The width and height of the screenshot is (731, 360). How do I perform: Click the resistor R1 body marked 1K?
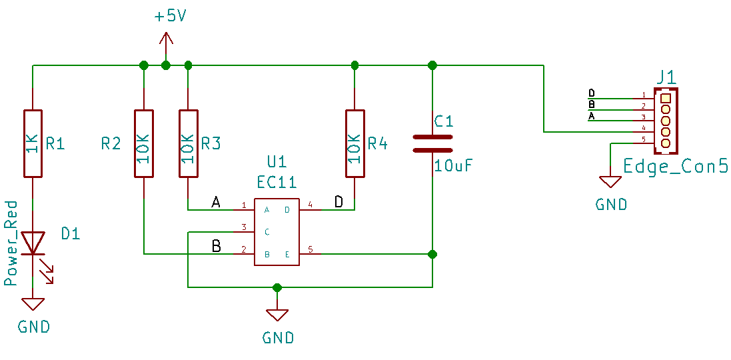pos(33,143)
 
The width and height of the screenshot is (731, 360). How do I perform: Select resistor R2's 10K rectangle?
pos(143,143)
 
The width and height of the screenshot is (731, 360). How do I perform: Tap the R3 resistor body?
pos(189,143)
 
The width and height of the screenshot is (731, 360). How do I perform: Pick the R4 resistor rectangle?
pos(355,143)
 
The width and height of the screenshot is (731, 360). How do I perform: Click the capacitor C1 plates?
pos(432,143)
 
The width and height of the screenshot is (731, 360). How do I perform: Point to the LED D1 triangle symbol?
pos(33,243)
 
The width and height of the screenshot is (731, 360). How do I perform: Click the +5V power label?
pos(171,17)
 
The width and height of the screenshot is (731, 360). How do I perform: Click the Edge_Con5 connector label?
pos(676,167)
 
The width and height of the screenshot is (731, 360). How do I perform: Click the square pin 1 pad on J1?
pos(666,98)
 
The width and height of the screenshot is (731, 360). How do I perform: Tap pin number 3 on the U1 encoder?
pos(243,227)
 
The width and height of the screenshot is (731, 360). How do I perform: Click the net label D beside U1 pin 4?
pos(339,201)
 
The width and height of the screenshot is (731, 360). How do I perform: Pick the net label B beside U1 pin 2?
pos(216,246)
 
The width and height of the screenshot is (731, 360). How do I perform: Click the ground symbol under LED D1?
pos(33,305)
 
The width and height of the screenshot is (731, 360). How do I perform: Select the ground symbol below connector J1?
pos(610,182)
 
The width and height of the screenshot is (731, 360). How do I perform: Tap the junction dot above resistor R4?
pos(355,64)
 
